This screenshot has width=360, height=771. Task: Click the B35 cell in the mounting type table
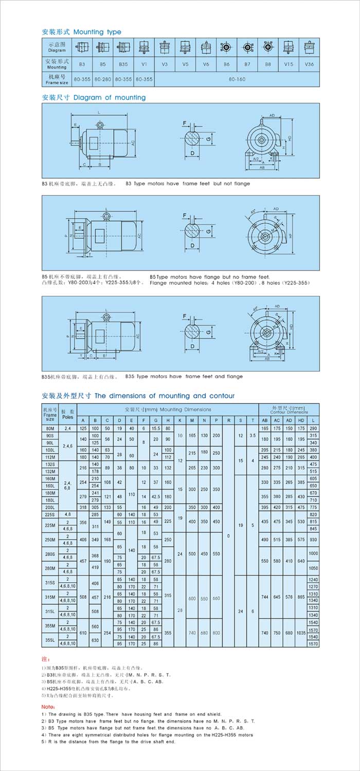coord(123,64)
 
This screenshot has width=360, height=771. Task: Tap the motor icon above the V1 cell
coord(144,47)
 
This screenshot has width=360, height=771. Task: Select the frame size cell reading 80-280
coord(103,80)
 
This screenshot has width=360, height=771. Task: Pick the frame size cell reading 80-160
coord(237,80)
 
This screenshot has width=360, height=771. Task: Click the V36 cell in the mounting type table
coord(309,64)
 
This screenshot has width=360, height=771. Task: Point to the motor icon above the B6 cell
coord(226,47)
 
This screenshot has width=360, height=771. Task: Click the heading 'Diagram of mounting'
coord(110,97)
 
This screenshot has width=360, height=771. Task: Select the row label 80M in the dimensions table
coord(50,428)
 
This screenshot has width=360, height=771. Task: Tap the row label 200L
coord(50,507)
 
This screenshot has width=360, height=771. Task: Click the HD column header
coord(301,421)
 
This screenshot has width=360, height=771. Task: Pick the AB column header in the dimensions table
coord(265,421)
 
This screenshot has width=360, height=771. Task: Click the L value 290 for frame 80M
coord(313,428)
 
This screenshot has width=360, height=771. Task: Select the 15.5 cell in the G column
coord(155,428)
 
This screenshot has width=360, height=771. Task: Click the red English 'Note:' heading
coord(48,707)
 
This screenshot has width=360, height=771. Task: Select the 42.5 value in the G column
coord(155,497)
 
